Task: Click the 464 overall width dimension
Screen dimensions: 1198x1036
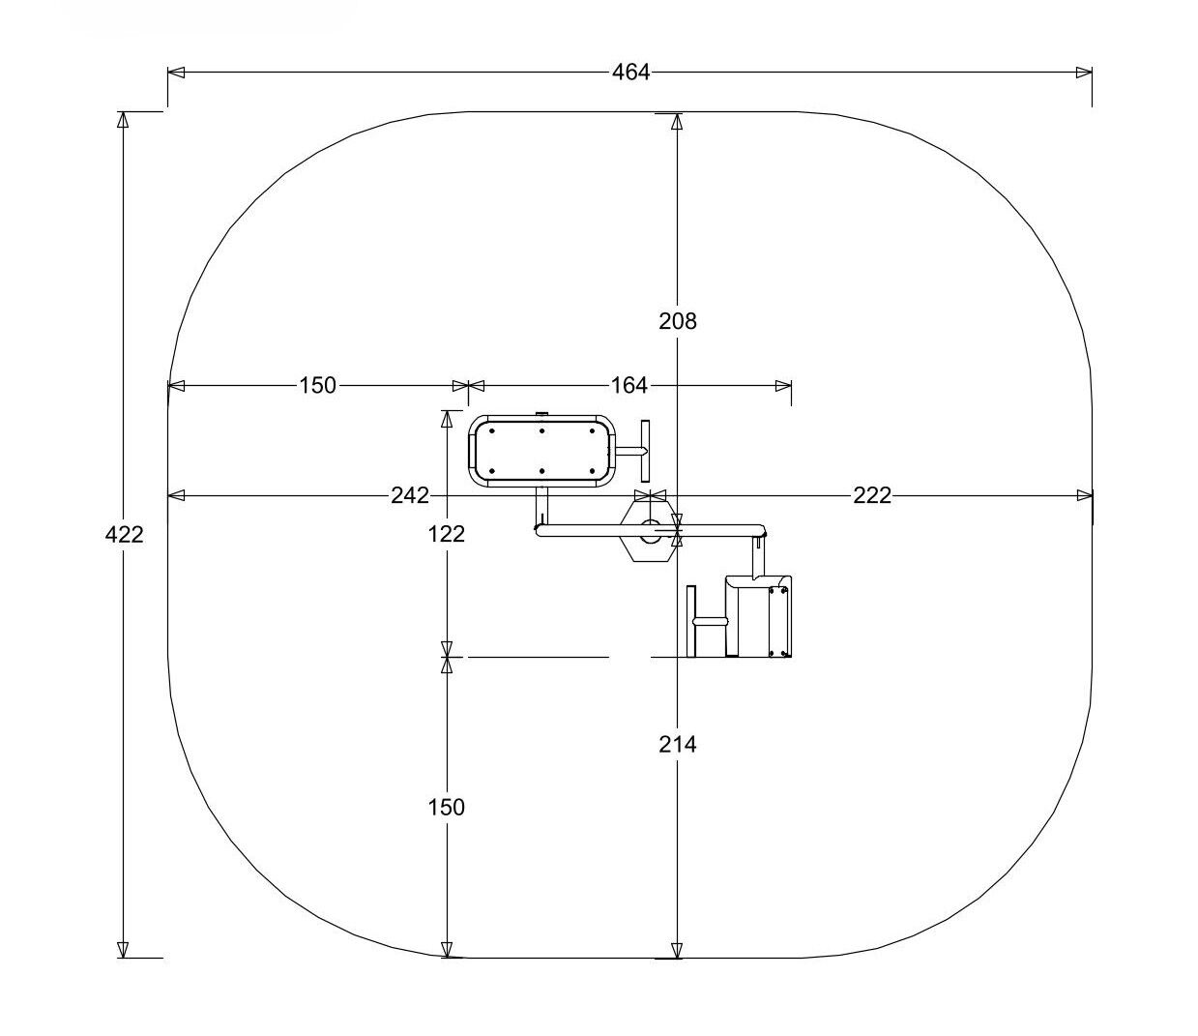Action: [630, 73]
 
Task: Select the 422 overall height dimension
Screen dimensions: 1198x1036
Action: [124, 534]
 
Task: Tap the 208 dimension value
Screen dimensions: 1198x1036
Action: [677, 320]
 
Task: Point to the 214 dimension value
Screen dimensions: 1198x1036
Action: [677, 744]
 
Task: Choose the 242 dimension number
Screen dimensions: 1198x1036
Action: [410, 495]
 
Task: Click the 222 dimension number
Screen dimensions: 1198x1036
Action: [872, 495]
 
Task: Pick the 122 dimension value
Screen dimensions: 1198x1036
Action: [447, 534]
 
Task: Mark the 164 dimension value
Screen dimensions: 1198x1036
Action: [629, 385]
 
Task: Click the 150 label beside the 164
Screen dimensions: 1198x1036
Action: [317, 385]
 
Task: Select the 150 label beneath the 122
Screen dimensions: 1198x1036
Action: [447, 807]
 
